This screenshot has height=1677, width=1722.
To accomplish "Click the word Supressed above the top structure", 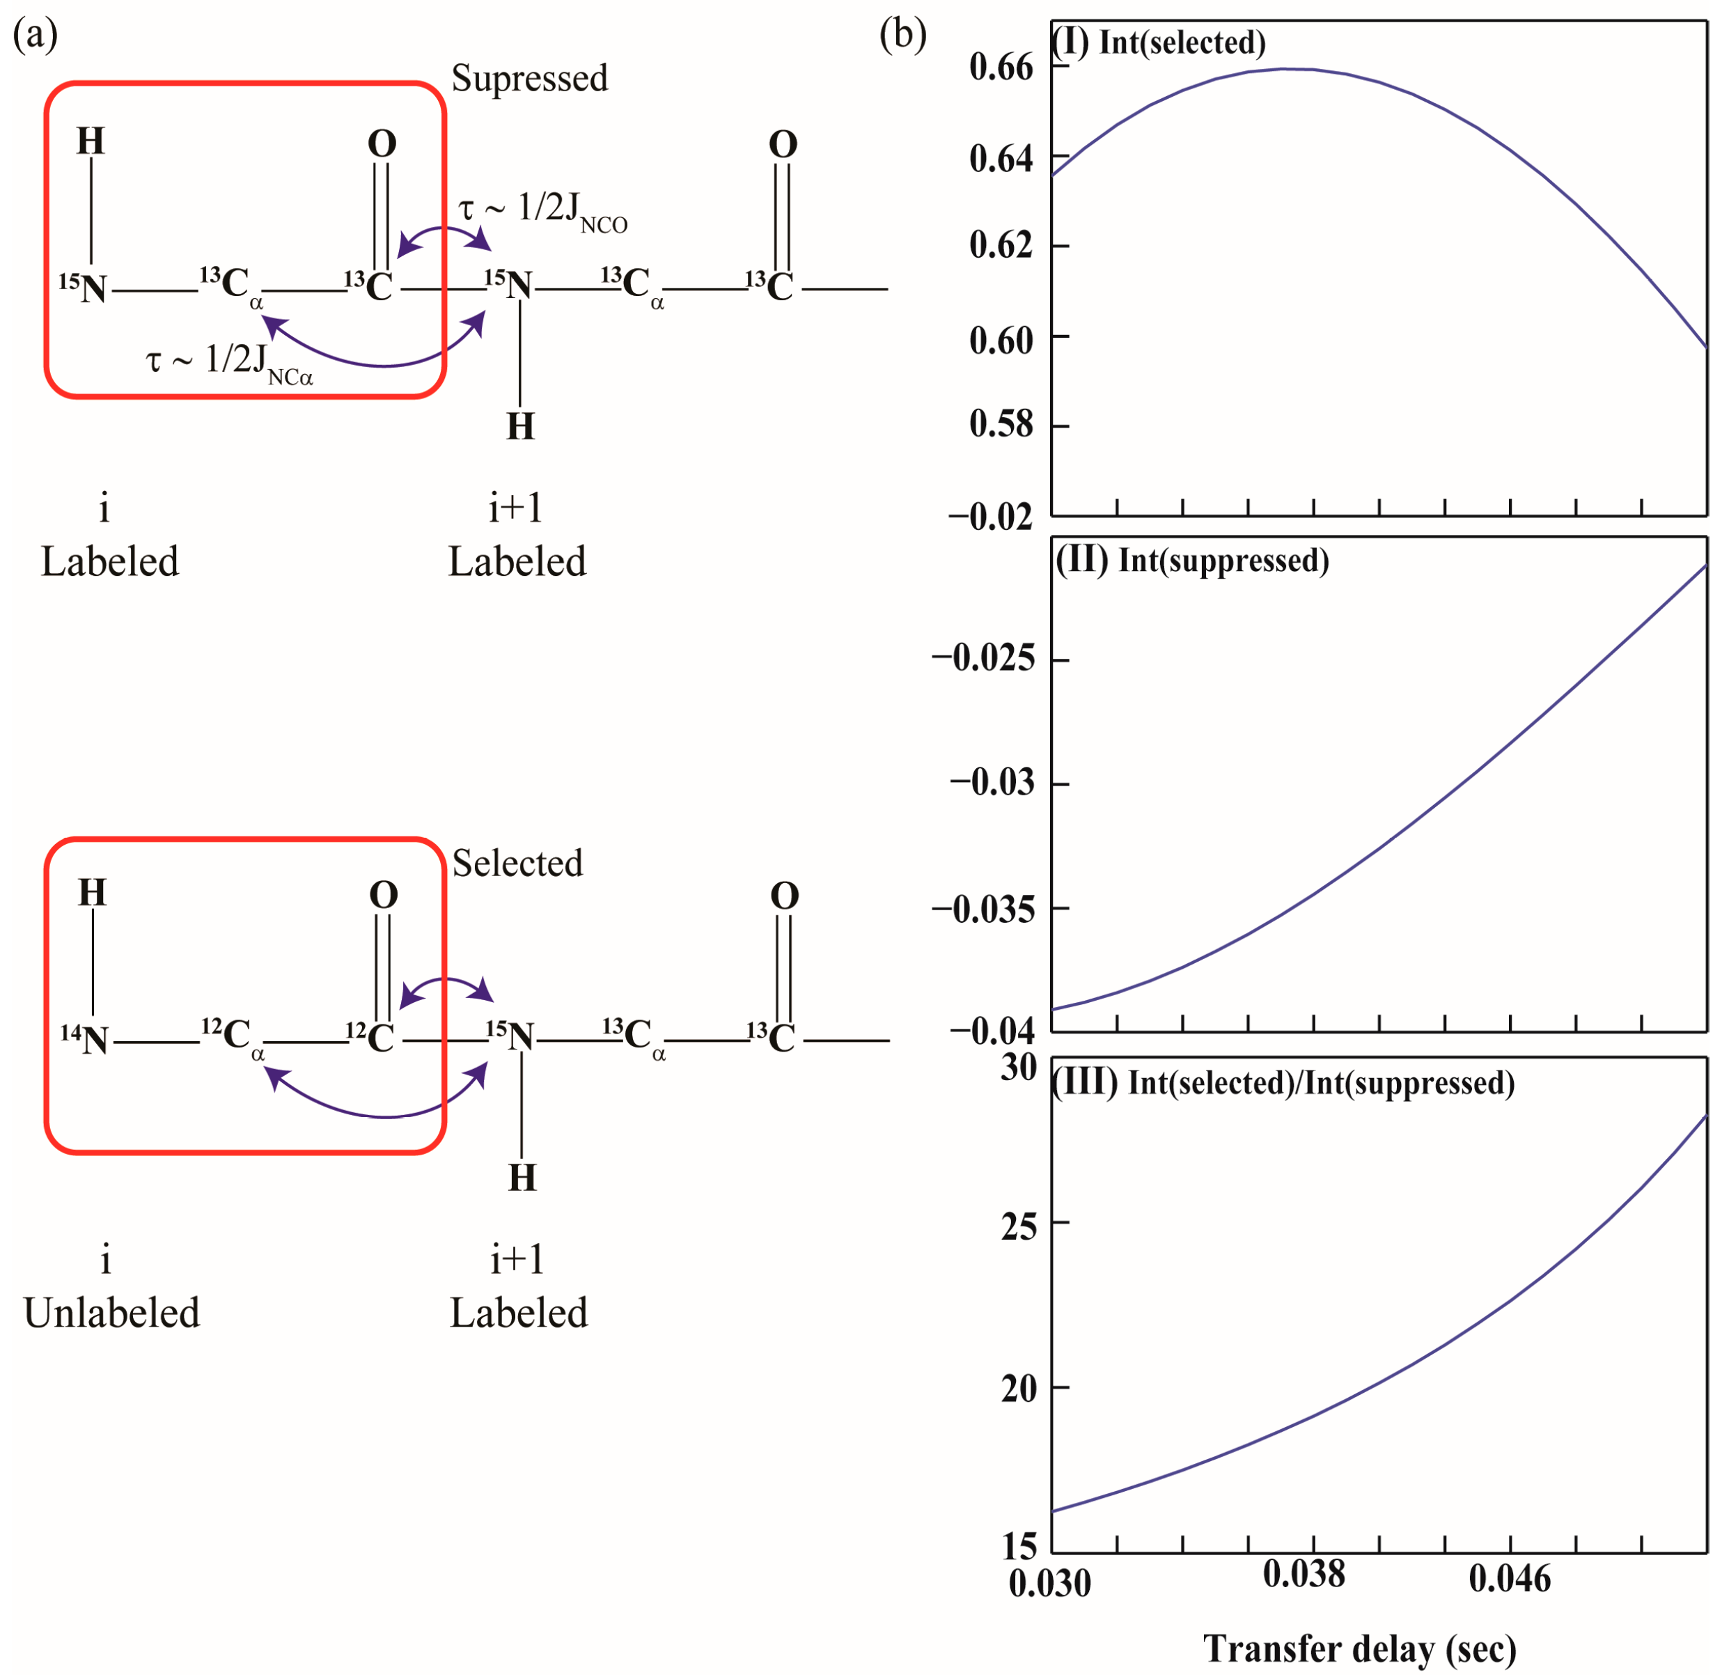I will (529, 79).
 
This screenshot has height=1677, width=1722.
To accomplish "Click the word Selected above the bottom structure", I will (517, 863).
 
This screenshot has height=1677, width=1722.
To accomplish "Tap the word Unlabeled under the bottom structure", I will (112, 1313).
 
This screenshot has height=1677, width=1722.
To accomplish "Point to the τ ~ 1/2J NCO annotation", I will (542, 212).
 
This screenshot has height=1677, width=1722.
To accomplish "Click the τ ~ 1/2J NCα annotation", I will (229, 362).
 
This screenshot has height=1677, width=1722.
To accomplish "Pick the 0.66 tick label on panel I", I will (1001, 67).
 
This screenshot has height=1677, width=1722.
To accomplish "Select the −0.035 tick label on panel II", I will (983, 908).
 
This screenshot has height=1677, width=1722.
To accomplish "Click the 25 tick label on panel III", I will (1019, 1226).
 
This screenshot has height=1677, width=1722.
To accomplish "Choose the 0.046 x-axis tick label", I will (1510, 1577).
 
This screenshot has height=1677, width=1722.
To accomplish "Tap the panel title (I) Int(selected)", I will (1159, 42).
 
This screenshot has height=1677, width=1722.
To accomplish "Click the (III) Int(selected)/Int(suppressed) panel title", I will (1284, 1082).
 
